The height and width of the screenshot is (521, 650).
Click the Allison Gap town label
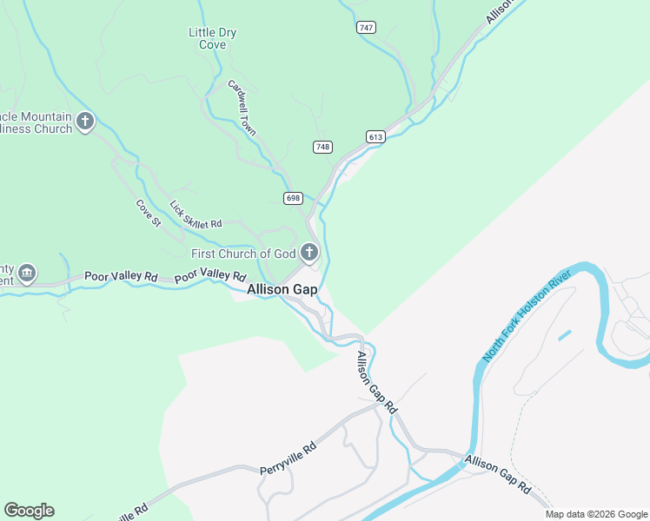[282, 290]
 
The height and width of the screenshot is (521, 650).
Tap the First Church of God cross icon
[308, 254]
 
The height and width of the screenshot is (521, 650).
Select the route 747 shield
[366, 28]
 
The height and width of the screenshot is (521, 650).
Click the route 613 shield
[375, 137]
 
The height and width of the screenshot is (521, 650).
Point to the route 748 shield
[322, 147]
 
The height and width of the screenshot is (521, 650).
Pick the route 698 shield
[293, 199]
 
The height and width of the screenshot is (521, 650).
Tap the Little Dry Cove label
[213, 38]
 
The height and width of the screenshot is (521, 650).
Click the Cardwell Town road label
[242, 109]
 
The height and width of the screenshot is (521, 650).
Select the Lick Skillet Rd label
[196, 215]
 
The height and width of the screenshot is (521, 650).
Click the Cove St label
[149, 214]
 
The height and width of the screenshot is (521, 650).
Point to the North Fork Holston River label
[527, 316]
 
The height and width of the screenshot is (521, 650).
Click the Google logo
[29, 511]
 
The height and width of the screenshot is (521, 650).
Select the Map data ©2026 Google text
[596, 514]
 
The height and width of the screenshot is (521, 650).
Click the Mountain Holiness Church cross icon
[85, 121]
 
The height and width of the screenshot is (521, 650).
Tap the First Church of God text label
[242, 254]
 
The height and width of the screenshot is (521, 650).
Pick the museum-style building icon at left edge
[27, 274]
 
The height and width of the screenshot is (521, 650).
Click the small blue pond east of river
[565, 335]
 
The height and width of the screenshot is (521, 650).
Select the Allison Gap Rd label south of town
[377, 382]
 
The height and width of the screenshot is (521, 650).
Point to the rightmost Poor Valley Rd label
[209, 274]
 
